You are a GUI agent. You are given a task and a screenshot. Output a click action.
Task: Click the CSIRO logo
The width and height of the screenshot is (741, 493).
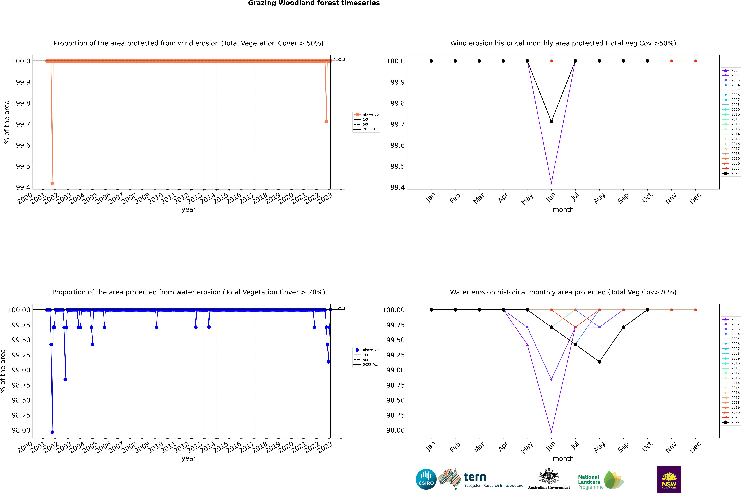[426, 479]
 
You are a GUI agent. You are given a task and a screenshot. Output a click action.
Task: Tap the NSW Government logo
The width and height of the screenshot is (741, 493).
[669, 479]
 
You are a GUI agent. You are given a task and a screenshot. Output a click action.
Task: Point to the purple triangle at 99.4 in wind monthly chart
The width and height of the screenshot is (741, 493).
[551, 183]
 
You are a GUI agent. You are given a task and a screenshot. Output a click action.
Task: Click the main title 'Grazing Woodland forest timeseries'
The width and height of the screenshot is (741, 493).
[314, 3]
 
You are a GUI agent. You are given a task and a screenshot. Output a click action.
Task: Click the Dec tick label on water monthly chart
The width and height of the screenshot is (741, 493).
[695, 447]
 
